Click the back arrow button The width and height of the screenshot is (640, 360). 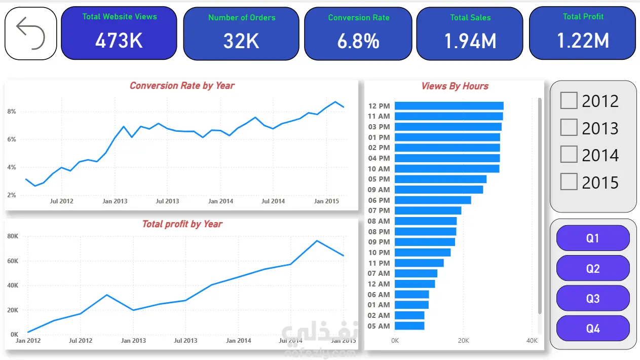tap(30, 33)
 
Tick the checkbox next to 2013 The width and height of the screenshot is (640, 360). tap(569, 127)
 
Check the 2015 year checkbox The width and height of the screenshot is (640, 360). tap(569, 182)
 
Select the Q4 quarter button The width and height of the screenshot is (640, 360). tap(593, 328)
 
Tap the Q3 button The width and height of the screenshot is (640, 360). tap(593, 298)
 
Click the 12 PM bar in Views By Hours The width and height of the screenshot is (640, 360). tap(449, 106)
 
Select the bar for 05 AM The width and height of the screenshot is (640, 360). tap(409, 326)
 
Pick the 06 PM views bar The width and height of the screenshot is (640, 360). tap(433, 200)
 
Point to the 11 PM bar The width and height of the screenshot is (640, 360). tap(419, 263)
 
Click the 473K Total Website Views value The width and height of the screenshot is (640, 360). tap(119, 41)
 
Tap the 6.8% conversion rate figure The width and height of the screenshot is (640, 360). tap(358, 41)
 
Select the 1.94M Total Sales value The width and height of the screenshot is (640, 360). tap(470, 41)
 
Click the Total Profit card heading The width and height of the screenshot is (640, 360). tap(583, 17)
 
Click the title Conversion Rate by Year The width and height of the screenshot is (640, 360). tap(182, 86)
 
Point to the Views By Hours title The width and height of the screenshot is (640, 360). tap(455, 86)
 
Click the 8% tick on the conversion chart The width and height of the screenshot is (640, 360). tap(12, 112)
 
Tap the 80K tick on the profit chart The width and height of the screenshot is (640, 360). tap(13, 236)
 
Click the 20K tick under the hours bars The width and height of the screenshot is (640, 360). tap(464, 341)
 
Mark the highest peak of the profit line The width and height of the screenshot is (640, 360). tap(317, 241)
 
